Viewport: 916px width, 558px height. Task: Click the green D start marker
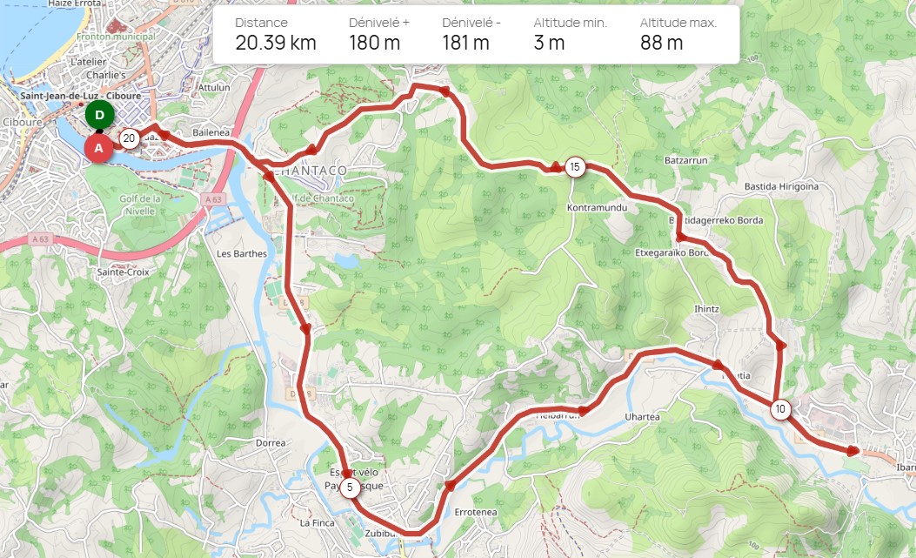(100, 115)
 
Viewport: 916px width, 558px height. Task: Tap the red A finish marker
(98, 148)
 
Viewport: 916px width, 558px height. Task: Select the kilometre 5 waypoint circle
(350, 487)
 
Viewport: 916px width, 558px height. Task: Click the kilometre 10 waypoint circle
(780, 409)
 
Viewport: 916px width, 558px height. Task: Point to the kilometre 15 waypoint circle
(574, 167)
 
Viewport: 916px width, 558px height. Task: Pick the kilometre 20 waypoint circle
(129, 138)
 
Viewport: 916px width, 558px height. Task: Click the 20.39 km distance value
(276, 43)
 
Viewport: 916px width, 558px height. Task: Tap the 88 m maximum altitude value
(661, 43)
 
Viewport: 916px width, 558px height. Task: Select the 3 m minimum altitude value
(549, 43)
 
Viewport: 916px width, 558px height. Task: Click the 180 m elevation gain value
(375, 43)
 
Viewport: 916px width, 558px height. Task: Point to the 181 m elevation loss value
(465, 43)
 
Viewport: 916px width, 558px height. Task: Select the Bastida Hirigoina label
(781, 186)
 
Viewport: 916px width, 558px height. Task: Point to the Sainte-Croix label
(124, 272)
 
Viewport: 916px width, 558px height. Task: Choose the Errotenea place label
(476, 512)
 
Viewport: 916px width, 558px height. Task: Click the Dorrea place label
(271, 443)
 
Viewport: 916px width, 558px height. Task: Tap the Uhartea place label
(643, 417)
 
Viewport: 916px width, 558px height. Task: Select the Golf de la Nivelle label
(140, 204)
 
